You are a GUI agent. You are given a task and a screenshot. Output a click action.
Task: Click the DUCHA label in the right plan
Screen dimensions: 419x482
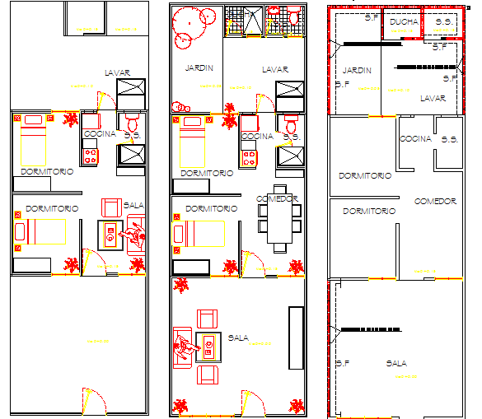click(x=404, y=21)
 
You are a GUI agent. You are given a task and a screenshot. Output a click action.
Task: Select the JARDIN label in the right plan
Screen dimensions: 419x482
click(x=357, y=70)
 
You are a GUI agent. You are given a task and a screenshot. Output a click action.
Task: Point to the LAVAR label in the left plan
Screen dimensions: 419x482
click(x=118, y=72)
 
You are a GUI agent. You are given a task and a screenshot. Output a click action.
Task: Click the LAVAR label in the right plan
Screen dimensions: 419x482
click(x=433, y=98)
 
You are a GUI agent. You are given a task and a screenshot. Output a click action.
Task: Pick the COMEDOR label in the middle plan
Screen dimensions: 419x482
click(x=276, y=198)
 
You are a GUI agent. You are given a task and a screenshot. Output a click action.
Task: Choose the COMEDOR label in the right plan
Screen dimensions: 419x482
click(x=434, y=201)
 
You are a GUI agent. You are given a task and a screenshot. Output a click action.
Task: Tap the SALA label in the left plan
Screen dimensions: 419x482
click(x=132, y=205)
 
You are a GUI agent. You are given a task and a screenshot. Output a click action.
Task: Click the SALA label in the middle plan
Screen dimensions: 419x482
click(x=238, y=337)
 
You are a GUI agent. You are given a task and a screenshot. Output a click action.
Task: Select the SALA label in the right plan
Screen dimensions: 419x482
click(x=396, y=362)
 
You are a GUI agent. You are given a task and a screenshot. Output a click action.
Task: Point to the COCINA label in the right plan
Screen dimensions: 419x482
click(x=415, y=138)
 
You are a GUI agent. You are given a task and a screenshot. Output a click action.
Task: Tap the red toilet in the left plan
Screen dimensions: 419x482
click(x=131, y=123)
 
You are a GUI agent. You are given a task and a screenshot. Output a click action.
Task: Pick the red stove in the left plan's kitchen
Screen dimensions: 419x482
click(x=89, y=151)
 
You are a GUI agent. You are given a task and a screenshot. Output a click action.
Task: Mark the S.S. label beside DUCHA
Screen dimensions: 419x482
click(x=443, y=21)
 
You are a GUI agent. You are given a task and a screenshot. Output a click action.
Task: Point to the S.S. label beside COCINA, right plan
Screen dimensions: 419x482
click(x=449, y=139)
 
